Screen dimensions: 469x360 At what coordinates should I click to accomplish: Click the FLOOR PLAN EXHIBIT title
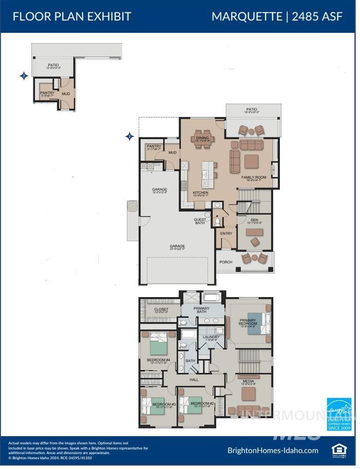(71, 16)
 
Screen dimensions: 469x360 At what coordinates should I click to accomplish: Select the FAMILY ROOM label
(255, 178)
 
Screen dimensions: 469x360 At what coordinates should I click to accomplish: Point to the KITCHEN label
(201, 193)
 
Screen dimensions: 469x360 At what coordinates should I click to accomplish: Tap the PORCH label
(226, 262)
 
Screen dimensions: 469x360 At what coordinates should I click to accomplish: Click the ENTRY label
(226, 233)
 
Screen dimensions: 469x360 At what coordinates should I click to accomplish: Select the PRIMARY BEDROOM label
(248, 323)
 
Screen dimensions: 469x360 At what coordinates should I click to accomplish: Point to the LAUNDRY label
(204, 337)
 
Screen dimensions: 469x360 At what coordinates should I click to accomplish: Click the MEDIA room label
(248, 381)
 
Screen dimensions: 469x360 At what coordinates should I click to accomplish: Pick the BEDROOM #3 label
(164, 404)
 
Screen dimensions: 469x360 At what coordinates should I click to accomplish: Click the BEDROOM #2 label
(202, 404)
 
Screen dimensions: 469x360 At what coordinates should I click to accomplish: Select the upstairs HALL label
(194, 380)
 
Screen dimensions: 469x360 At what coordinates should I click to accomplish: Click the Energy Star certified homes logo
(339, 414)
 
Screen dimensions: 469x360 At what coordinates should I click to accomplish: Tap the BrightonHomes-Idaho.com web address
(273, 451)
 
